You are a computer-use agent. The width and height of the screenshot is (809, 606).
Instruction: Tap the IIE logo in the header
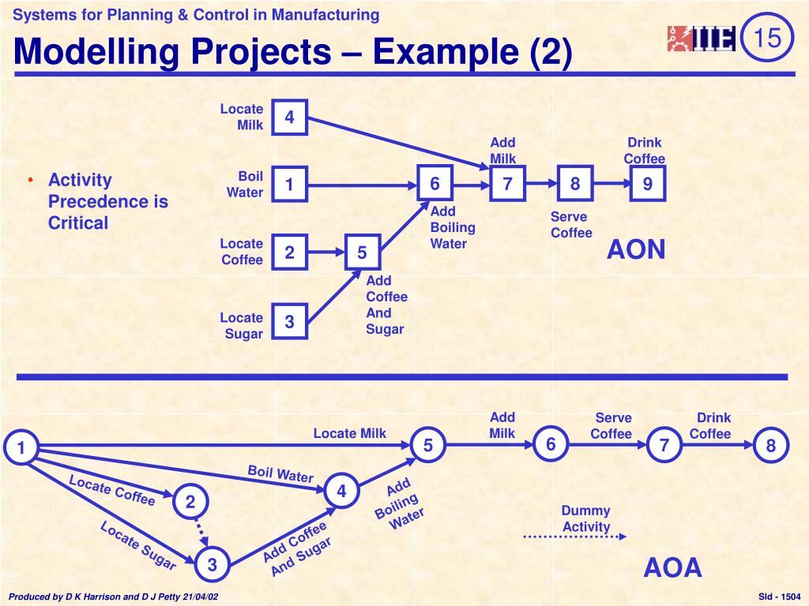(x=702, y=38)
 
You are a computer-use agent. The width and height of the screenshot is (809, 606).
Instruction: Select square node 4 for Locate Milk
(x=289, y=118)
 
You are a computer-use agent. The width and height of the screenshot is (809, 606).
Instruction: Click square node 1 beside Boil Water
(x=289, y=185)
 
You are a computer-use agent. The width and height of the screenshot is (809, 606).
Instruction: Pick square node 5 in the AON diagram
(x=362, y=252)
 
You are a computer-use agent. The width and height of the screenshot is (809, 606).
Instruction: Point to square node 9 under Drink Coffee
(x=647, y=185)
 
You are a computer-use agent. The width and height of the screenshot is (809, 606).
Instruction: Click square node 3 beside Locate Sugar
(x=289, y=321)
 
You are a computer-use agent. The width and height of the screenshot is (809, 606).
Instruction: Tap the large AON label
(x=636, y=250)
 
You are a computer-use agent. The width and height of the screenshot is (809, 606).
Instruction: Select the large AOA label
(x=672, y=567)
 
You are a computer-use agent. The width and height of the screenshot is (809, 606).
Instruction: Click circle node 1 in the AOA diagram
(x=22, y=448)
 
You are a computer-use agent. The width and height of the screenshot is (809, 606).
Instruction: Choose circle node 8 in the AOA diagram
(x=771, y=446)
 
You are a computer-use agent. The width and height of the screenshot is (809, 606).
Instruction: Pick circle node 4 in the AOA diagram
(x=341, y=492)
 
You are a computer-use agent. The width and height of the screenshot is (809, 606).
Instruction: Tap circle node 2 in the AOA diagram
(x=190, y=502)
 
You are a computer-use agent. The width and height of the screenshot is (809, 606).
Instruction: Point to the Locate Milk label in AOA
(x=350, y=433)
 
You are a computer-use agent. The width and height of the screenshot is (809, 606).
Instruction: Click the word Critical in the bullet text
(x=77, y=223)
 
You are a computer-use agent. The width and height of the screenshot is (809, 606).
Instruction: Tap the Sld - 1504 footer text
(x=780, y=597)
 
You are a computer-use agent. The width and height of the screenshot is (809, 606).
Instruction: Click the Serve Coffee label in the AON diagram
(x=570, y=225)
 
